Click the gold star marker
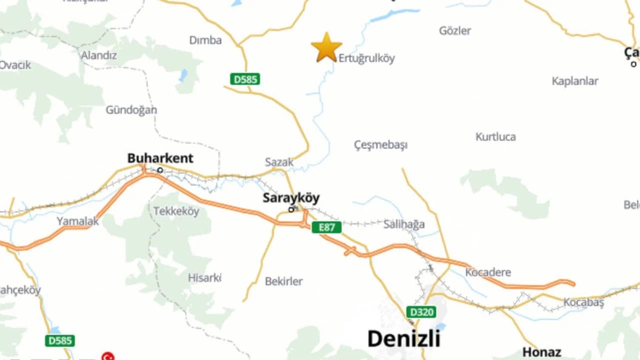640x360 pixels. coord(326,47)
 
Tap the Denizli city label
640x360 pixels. coord(404,338)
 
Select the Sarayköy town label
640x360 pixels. coord(291,198)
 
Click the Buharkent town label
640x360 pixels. coord(160,158)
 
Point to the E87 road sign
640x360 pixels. coord(326,227)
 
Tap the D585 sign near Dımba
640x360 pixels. coord(245,79)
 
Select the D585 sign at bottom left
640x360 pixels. coord(60,341)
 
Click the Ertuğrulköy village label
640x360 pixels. coord(366,58)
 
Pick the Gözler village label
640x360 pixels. coord(455,31)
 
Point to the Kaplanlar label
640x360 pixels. coord(575,81)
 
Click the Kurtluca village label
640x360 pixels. coord(495,137)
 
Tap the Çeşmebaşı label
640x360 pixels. coord(380,145)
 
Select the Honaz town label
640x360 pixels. coord(541,352)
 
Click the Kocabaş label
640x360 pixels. coord(583,302)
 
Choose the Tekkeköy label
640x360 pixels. coord(176,211)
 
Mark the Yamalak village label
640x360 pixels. coord(77,221)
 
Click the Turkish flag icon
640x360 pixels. coord(107,356)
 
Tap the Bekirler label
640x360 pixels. coord(283,281)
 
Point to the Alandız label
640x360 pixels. coord(99,55)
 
